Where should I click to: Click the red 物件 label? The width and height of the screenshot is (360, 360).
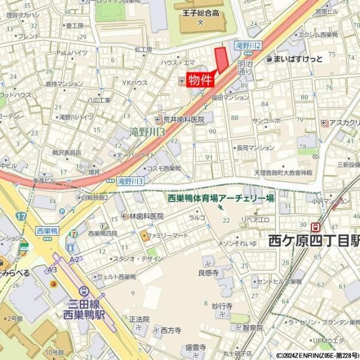click(200, 80)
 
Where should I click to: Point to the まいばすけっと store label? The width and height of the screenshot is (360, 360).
click(298, 59)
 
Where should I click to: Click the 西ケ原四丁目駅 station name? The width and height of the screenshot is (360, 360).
click(314, 241)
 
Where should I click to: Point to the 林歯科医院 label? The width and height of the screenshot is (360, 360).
click(146, 216)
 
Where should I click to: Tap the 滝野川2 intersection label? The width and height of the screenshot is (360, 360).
click(247, 45)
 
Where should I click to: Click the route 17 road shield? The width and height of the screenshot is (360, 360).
click(22, 215)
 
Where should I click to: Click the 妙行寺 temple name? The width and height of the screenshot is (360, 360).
click(221, 305)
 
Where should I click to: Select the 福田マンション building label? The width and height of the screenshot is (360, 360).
click(230, 97)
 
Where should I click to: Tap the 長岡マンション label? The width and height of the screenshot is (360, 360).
click(255, 147)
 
